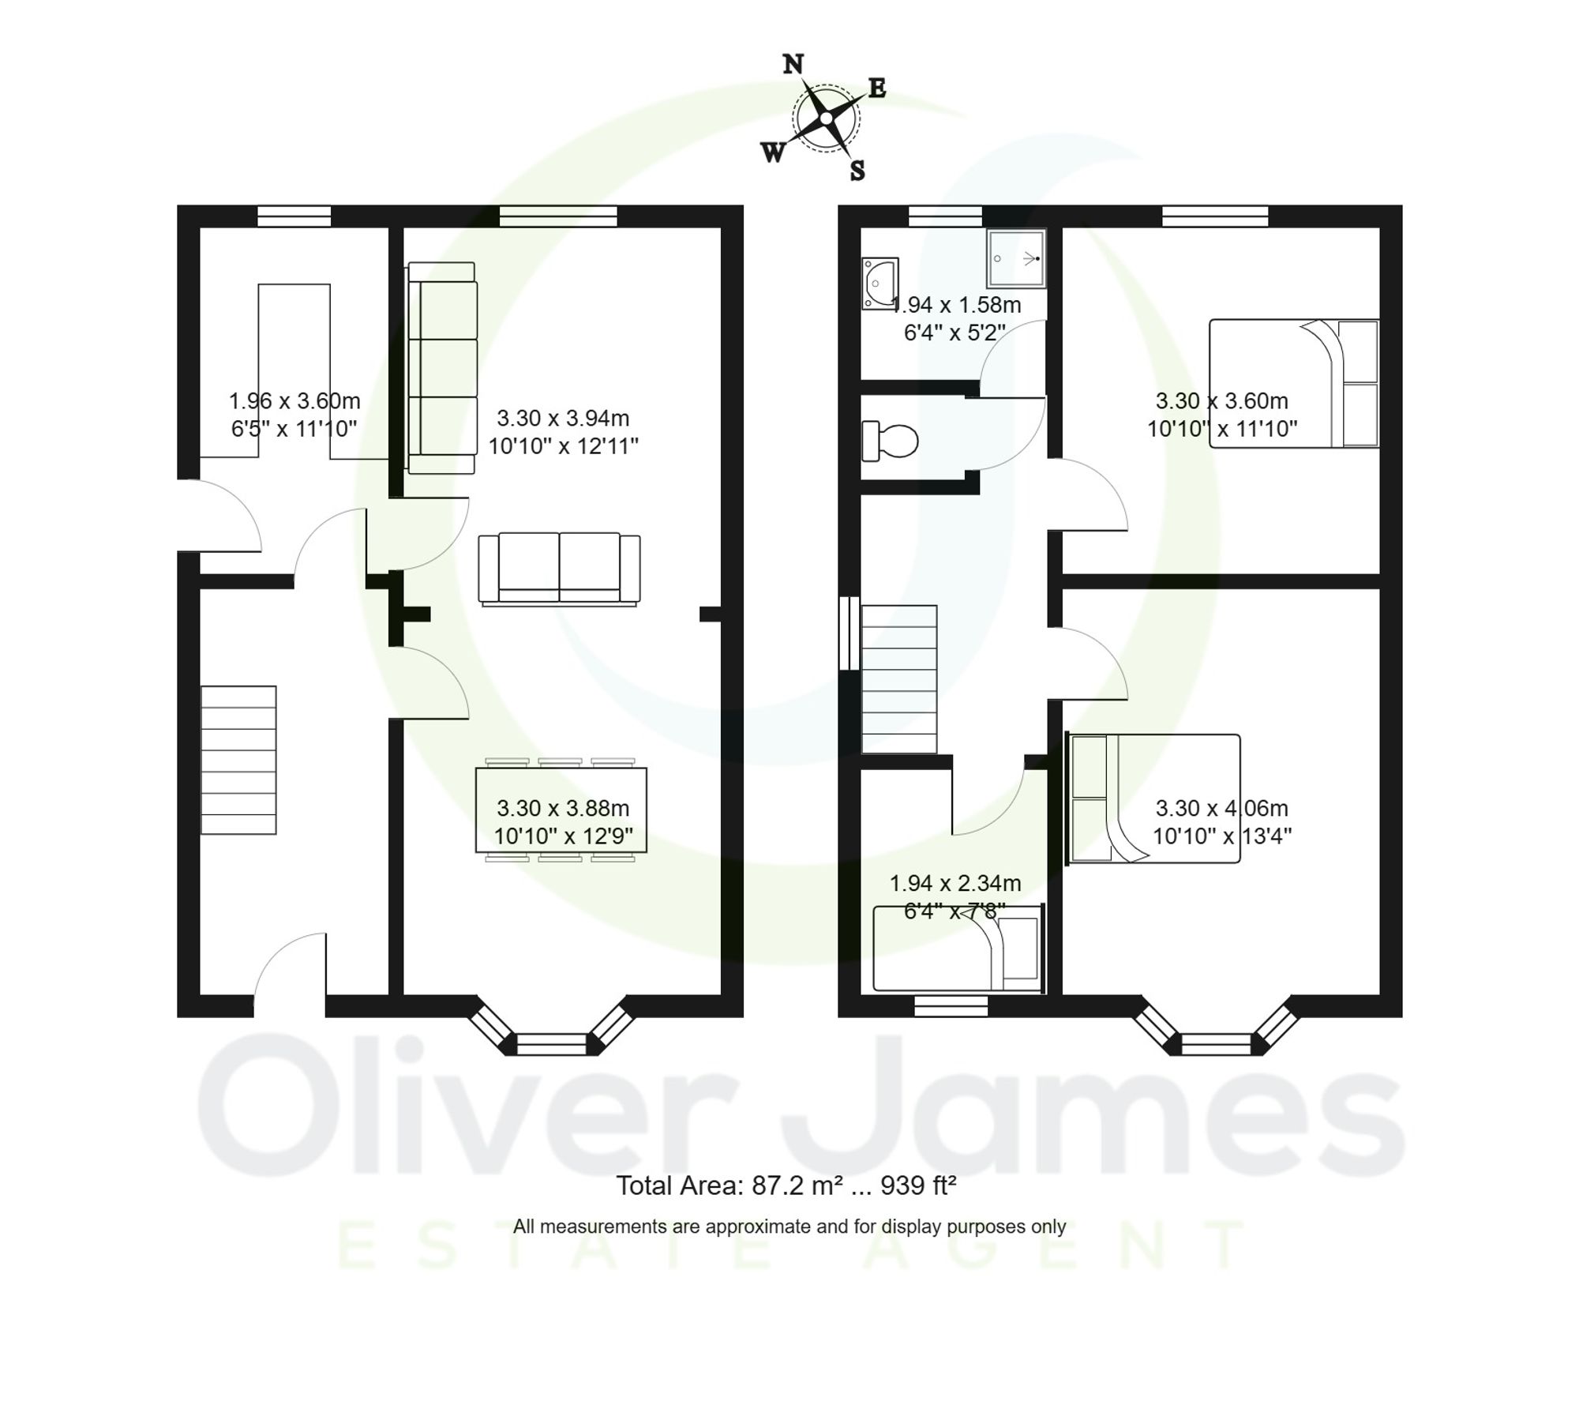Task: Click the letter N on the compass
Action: (793, 64)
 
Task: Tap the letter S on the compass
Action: (857, 170)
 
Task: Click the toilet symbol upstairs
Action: (890, 441)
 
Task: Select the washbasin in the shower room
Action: (879, 282)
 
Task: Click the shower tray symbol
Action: (1015, 258)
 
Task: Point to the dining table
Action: (561, 810)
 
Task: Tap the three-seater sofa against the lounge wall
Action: (442, 368)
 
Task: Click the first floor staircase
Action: (898, 679)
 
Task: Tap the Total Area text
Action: (786, 1185)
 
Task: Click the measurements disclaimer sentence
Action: (789, 1227)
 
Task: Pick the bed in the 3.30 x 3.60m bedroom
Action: (1294, 384)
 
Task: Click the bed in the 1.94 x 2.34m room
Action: (957, 948)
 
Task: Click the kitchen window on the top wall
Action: (294, 216)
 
